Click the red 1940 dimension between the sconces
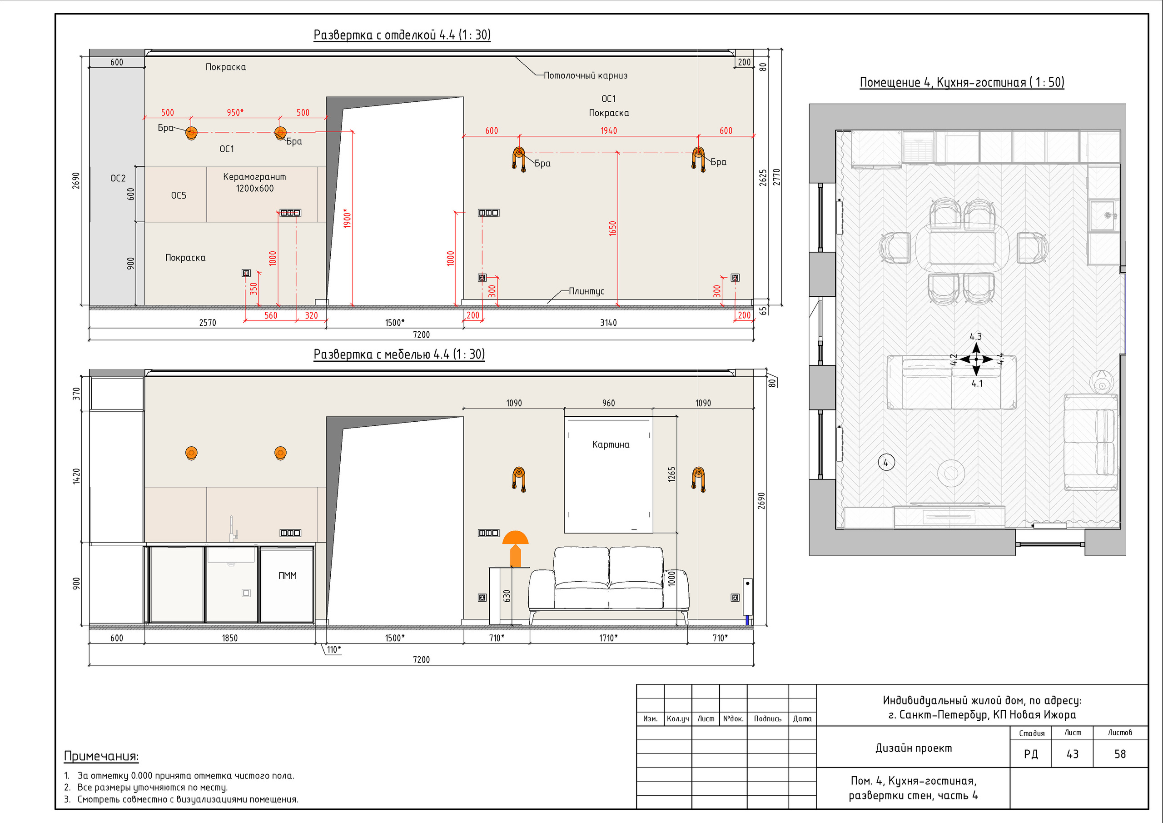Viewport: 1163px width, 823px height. pyautogui.click(x=608, y=131)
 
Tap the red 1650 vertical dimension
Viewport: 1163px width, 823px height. pyautogui.click(x=612, y=229)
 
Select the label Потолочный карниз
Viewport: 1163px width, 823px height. pyautogui.click(x=586, y=75)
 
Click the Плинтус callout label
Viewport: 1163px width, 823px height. pyautogui.click(x=586, y=291)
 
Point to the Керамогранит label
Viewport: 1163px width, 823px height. pyautogui.click(x=254, y=177)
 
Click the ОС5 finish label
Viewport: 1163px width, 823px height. pyautogui.click(x=179, y=195)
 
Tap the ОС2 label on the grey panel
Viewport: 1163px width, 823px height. pyautogui.click(x=118, y=179)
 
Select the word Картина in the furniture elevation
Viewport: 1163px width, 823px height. pyautogui.click(x=611, y=444)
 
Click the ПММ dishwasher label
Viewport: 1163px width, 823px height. pyautogui.click(x=287, y=576)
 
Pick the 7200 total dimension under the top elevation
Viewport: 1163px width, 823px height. pyautogui.click(x=421, y=334)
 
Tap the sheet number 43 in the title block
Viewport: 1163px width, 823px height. pyautogui.click(x=1072, y=754)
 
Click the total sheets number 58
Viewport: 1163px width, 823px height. pyautogui.click(x=1120, y=754)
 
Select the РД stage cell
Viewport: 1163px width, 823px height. pyautogui.click(x=1031, y=754)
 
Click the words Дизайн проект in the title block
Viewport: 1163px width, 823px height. pyautogui.click(x=914, y=748)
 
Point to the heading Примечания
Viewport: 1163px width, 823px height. pyautogui.click(x=101, y=756)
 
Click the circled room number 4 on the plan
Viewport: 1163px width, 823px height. pyautogui.click(x=886, y=463)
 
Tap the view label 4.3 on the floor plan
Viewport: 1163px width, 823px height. pyautogui.click(x=975, y=336)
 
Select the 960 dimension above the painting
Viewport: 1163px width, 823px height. pyautogui.click(x=608, y=404)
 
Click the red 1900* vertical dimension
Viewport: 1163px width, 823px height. pyautogui.click(x=347, y=218)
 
